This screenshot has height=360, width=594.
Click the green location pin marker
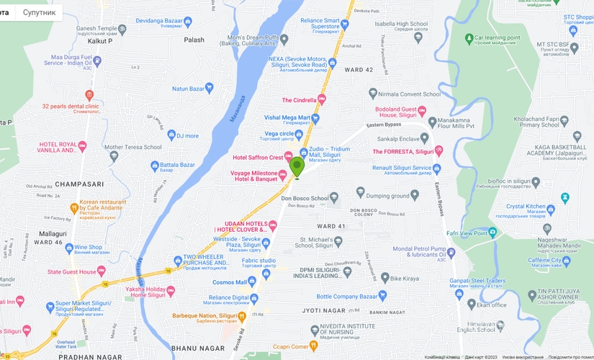pos(297,167)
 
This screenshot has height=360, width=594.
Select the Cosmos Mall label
pos(229,282)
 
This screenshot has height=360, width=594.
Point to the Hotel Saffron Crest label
pos(257,157)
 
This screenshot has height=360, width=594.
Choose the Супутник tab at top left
pos(39,12)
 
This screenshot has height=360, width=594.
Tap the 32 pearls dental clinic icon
pos(89,95)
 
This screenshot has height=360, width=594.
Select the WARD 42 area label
pos(359,69)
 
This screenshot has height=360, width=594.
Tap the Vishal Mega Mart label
pos(287,117)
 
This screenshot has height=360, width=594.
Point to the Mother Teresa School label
pos(132,147)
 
